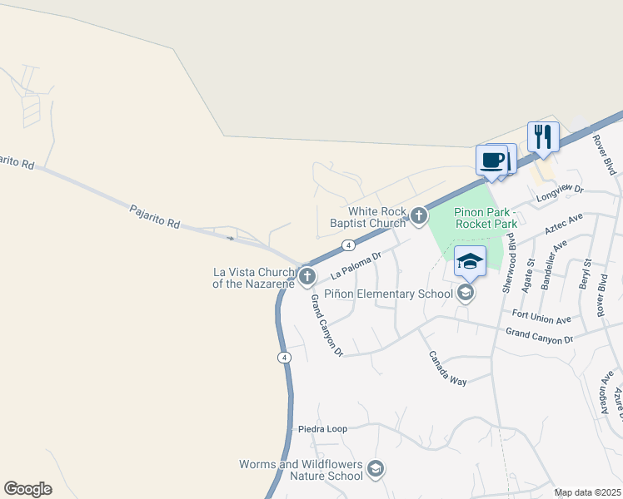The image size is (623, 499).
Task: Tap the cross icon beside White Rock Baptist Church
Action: (x=418, y=217)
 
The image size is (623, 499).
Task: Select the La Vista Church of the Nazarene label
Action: (x=254, y=278)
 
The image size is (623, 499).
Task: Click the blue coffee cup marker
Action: (x=492, y=160)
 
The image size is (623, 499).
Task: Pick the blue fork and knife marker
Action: (x=543, y=137)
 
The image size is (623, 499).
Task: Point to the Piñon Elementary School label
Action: (x=399, y=293)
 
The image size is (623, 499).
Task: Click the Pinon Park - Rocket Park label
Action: (x=486, y=218)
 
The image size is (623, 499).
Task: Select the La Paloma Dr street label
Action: (x=355, y=264)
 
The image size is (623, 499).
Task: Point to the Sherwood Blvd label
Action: (x=505, y=268)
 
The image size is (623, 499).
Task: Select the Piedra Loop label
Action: (x=322, y=429)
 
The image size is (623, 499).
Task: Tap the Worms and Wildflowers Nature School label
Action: (x=301, y=470)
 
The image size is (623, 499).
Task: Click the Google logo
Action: (x=27, y=489)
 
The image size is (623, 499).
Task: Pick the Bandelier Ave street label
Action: (x=554, y=264)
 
